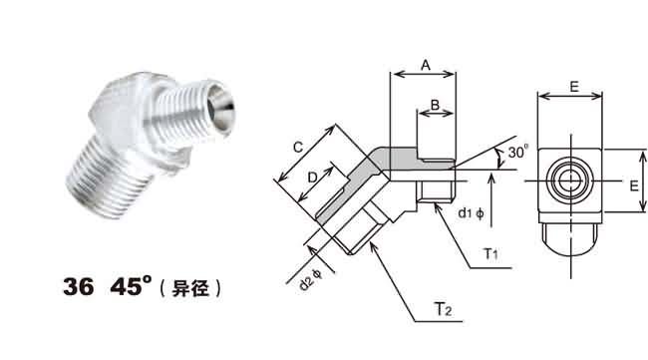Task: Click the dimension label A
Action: (426, 65)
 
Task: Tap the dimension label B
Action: (435, 105)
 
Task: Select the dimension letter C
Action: (298, 148)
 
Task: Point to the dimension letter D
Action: (313, 178)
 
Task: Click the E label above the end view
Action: (573, 87)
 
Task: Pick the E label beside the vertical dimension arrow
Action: (634, 186)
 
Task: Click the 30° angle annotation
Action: (518, 152)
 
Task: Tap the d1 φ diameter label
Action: (471, 213)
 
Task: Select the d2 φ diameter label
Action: (311, 279)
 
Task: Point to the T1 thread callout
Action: (490, 253)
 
